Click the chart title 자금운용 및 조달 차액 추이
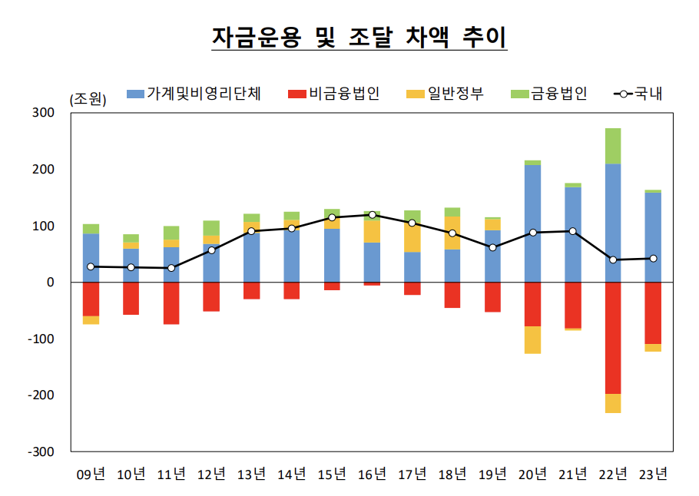[359, 36]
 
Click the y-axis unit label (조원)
[88, 99]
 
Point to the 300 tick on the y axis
[45, 113]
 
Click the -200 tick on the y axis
[42, 395]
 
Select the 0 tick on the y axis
[51, 283]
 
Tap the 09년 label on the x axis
[91, 474]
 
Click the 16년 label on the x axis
[372, 474]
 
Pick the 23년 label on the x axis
[653, 474]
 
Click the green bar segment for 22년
[613, 146]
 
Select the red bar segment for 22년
[613, 338]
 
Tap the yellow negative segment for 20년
[532, 340]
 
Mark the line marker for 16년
[372, 215]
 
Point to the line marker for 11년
[171, 268]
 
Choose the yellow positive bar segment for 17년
[412, 236]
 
